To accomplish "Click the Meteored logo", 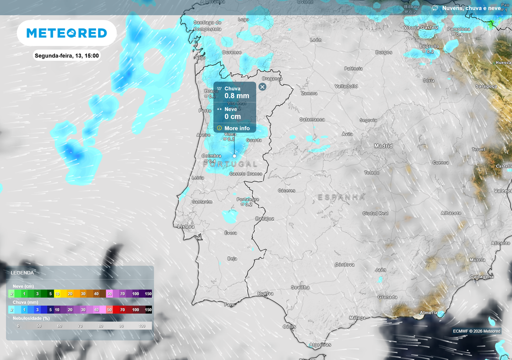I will [66, 33].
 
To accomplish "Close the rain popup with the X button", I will [262, 86].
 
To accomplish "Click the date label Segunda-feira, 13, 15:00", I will [66, 55].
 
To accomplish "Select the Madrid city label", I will [383, 146].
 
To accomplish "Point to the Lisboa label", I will [186, 226].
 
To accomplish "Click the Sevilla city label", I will [300, 287].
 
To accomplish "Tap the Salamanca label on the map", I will [312, 119].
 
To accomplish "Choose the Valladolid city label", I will [346, 86].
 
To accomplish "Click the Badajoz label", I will [264, 218].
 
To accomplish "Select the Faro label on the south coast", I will [229, 304].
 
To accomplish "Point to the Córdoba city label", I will [344, 264].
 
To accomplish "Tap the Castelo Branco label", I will [245, 173].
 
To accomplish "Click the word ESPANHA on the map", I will [341, 197].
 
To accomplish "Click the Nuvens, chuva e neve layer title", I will [472, 8].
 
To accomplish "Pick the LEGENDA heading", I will [22, 273].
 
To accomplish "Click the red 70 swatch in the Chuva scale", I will [122, 310].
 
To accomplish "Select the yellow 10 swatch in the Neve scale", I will [57, 294].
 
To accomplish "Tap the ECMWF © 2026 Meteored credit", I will [476, 330].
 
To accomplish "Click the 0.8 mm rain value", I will [236, 96].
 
